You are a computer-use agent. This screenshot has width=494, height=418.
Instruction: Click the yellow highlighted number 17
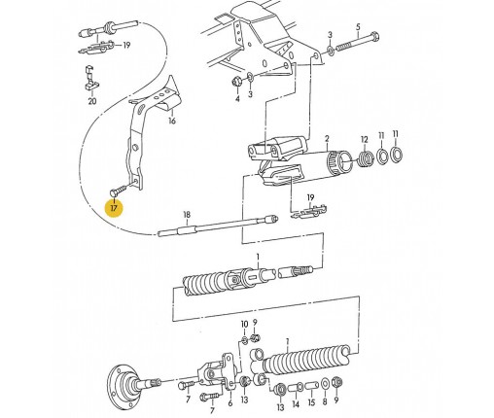point(114,208)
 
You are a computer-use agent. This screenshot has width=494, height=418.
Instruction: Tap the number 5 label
point(358,26)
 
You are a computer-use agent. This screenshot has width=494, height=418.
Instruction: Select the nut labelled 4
point(236,81)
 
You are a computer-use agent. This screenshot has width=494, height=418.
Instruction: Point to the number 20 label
point(92,101)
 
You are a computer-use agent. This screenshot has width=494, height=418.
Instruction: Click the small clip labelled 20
point(90,78)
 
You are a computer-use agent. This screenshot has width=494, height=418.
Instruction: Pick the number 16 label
point(172,121)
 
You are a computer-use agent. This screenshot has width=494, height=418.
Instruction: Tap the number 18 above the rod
point(187,215)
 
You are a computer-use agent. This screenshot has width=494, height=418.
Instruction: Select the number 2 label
point(327,139)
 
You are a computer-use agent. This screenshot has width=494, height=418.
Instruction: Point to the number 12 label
point(365,140)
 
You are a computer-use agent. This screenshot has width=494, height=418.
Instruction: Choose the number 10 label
point(244,324)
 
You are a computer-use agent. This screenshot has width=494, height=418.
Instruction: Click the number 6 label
point(230,403)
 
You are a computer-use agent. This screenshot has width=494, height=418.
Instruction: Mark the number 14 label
point(296,404)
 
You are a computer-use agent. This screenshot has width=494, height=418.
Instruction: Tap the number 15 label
point(311,402)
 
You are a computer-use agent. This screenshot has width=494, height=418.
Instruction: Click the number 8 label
point(325,402)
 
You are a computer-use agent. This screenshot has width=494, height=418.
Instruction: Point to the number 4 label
point(237,98)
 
